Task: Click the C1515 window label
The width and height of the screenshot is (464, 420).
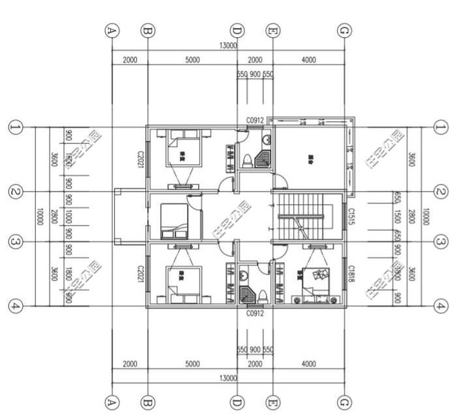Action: point(351,217)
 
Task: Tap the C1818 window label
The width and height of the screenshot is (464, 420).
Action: point(351,273)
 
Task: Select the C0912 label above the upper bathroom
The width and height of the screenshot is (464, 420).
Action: point(254,121)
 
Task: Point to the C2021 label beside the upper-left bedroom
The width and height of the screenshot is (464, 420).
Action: point(139,159)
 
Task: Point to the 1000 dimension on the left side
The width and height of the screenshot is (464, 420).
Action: point(68,217)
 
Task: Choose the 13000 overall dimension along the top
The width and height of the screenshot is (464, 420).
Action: point(229,46)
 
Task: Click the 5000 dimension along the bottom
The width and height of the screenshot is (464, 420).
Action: point(192,364)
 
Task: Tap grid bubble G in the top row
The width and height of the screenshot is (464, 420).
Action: point(345,31)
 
